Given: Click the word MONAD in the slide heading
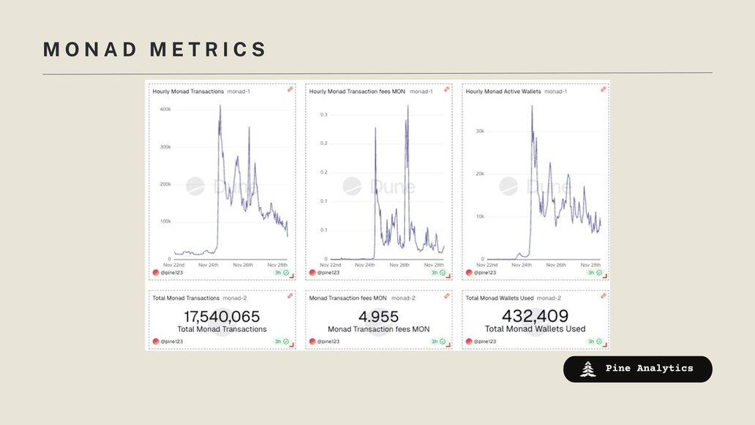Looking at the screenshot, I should tap(91, 50).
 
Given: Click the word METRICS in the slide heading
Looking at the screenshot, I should tap(209, 50).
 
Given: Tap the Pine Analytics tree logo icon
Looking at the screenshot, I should tap(587, 369).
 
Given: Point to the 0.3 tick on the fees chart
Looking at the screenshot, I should tap(323, 115).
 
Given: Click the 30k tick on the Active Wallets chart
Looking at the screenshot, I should tap(481, 132).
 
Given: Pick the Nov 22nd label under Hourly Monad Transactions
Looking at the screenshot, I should tap(174, 265).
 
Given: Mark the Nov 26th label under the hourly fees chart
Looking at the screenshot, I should tap(399, 265).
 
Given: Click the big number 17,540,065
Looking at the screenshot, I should tap(222, 317).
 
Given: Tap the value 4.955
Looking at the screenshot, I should tap(378, 317).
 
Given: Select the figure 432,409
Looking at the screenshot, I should tap(535, 316).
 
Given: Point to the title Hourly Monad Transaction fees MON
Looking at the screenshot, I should tap(357, 91).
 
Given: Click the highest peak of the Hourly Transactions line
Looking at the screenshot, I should tap(220, 106).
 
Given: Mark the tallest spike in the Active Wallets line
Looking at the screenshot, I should tap(532, 106).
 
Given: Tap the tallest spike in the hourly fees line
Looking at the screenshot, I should tap(407, 106).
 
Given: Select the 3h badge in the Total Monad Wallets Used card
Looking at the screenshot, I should tap(590, 342).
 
